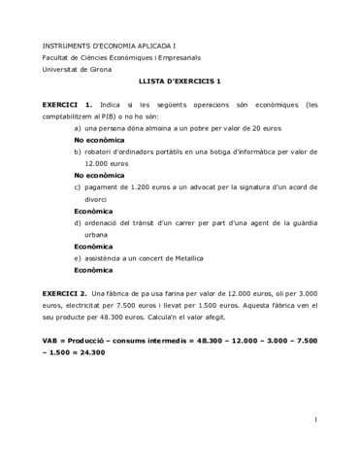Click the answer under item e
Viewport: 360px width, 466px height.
(x=94, y=270)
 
